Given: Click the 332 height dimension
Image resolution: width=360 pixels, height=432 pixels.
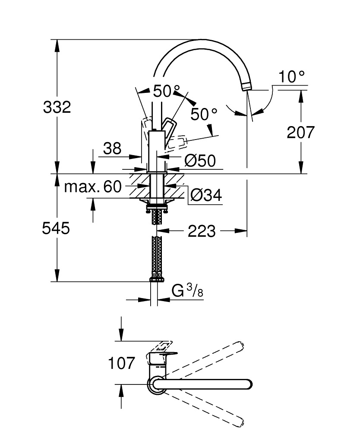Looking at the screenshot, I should (57, 107).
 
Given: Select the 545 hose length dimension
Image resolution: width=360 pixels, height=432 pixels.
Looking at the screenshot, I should (56, 228).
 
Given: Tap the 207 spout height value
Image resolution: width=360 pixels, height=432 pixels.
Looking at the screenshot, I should (301, 132).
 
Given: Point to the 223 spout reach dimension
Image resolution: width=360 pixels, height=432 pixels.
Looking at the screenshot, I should (201, 232).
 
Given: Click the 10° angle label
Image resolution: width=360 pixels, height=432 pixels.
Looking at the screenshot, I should (292, 77).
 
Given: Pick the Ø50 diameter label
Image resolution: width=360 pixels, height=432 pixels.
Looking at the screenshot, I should (199, 161).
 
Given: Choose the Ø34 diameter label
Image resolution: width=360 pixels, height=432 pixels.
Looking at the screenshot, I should (205, 196).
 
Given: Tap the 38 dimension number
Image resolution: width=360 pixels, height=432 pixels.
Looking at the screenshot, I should (112, 149).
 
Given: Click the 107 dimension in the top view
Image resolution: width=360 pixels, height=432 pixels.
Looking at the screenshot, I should (121, 363).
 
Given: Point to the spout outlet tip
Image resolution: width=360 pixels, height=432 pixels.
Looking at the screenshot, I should (246, 87).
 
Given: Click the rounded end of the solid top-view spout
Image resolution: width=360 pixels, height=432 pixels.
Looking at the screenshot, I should (248, 384).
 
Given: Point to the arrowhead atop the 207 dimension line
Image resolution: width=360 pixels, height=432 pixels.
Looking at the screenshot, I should (301, 93).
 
